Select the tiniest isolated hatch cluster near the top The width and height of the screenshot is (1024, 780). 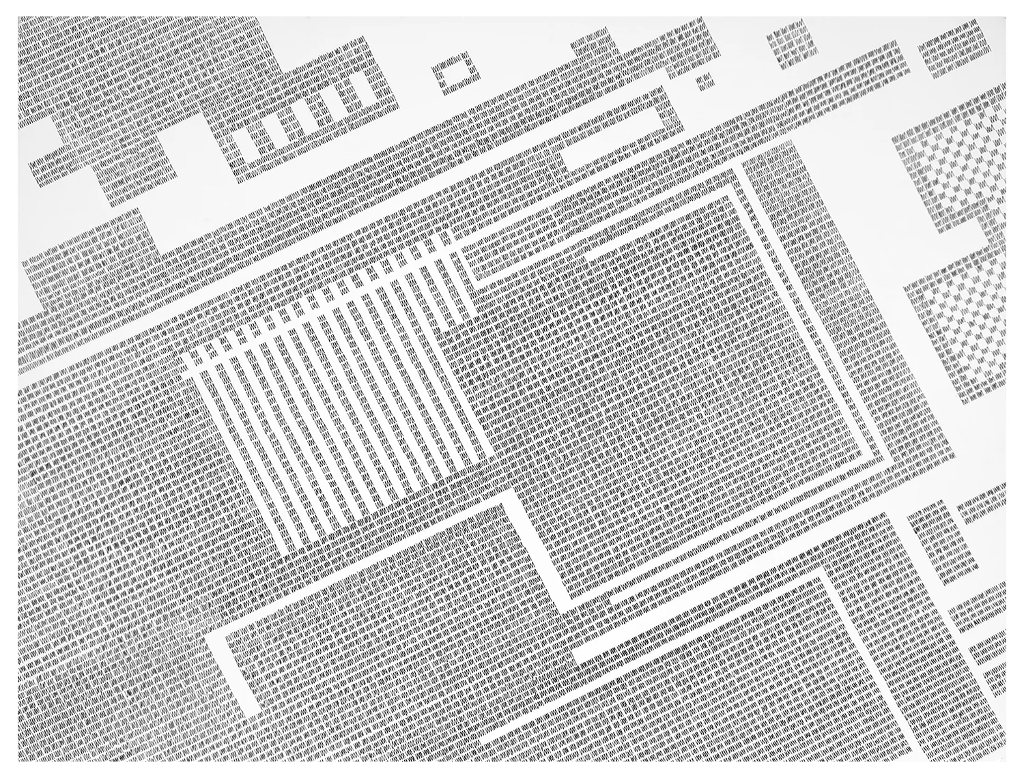click(x=703, y=83)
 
